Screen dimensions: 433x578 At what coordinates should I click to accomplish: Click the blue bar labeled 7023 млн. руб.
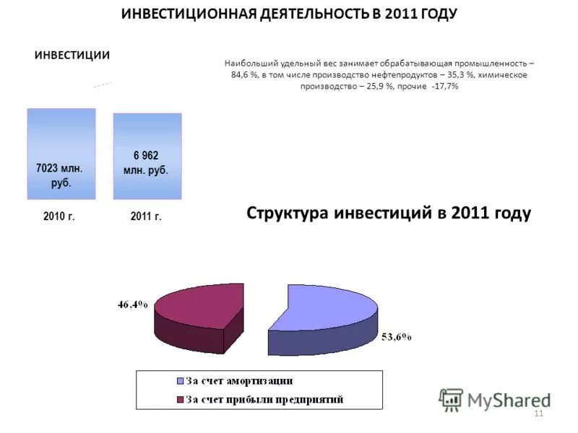click(61, 153)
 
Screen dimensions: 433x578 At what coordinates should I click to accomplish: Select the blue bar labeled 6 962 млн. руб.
click(147, 156)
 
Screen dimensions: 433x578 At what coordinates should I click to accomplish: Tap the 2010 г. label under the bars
click(59, 216)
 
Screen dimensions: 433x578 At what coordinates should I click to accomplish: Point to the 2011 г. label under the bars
click(146, 216)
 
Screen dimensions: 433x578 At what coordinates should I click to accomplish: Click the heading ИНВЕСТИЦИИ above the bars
click(72, 56)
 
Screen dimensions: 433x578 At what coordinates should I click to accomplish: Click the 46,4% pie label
click(133, 305)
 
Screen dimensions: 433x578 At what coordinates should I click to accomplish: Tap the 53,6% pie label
click(396, 337)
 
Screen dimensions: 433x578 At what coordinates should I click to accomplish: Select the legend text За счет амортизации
click(239, 381)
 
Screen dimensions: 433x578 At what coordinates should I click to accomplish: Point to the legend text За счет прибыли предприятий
click(264, 399)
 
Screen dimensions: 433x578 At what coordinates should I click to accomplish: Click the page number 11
click(538, 414)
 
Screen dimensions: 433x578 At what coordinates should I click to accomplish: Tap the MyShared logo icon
click(451, 399)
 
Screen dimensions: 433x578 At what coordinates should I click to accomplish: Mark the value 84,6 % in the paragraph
click(246, 75)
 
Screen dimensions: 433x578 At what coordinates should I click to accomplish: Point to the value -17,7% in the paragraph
click(443, 86)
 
